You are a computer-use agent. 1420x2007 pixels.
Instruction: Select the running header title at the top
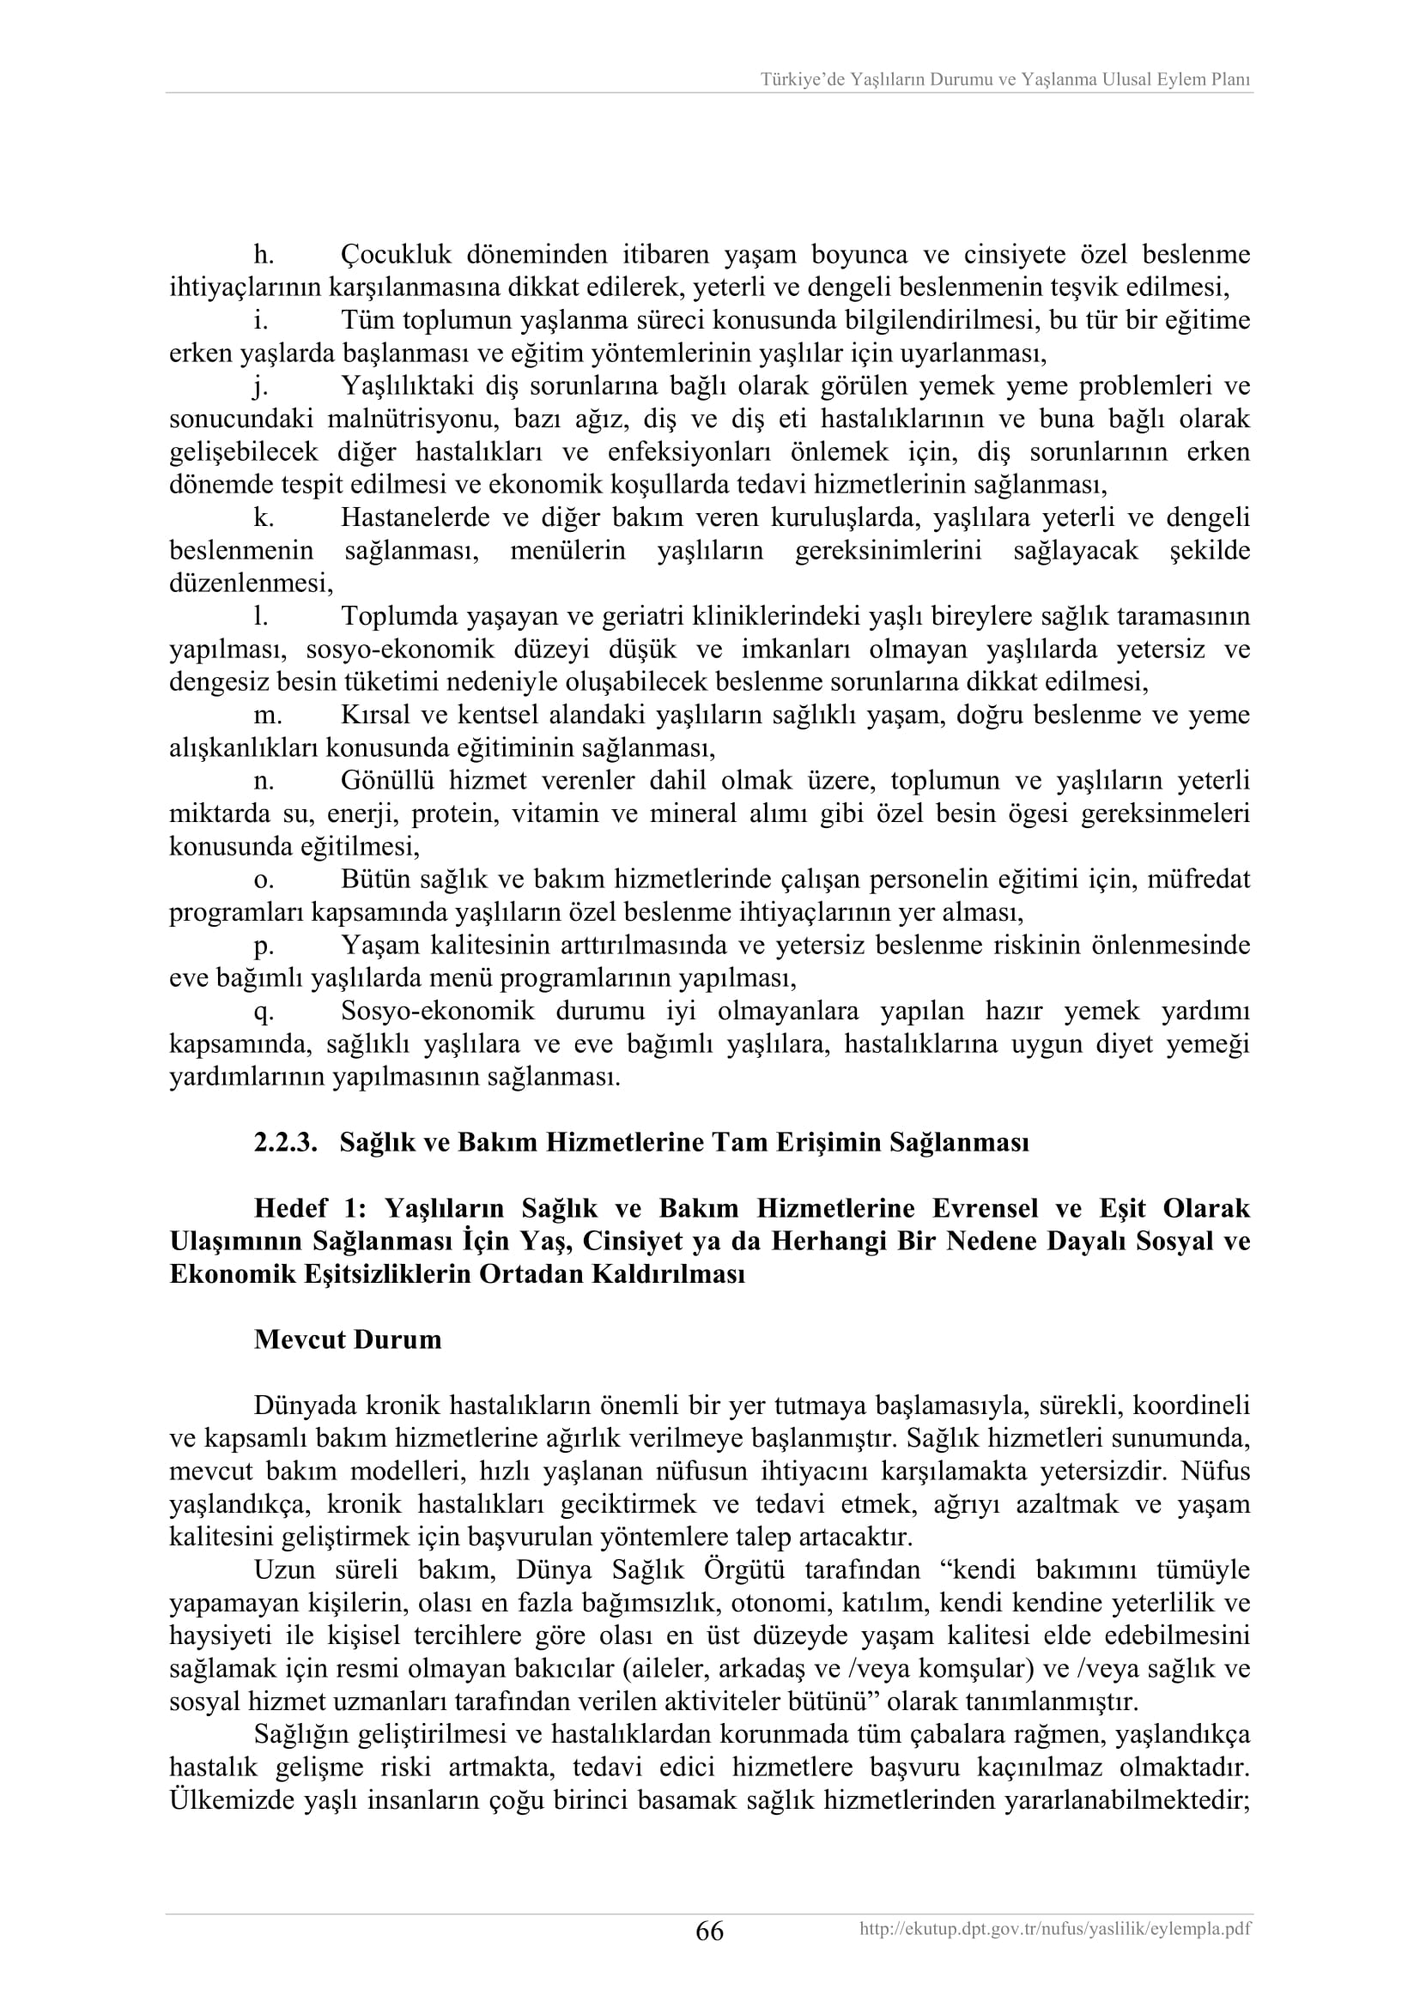click(1004, 80)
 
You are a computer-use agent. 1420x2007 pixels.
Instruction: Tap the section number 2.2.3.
click(285, 1142)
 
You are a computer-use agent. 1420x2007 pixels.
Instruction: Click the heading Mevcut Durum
click(347, 1340)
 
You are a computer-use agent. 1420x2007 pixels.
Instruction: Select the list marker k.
click(264, 517)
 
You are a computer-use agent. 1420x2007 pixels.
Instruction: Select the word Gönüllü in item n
click(385, 781)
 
